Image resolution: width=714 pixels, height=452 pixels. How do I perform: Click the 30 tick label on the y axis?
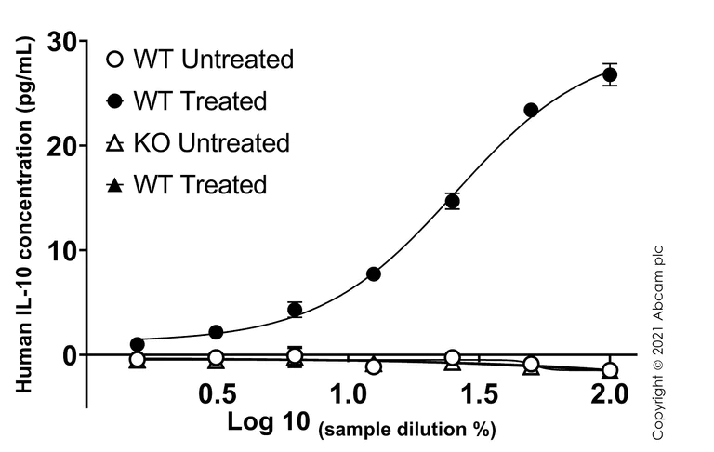point(62,42)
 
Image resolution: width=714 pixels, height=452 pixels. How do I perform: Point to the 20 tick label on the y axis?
point(62,146)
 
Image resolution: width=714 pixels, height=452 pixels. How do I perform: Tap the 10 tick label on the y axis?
point(62,250)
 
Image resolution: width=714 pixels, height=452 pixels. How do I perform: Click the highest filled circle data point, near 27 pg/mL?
point(610,75)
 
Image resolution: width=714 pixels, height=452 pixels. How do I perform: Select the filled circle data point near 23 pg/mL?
point(531,110)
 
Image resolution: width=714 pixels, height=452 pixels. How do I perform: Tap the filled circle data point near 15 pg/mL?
point(453,201)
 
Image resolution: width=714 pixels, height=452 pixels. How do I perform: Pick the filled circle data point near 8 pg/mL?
point(374,273)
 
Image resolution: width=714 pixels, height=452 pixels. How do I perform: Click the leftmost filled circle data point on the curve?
point(138,344)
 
